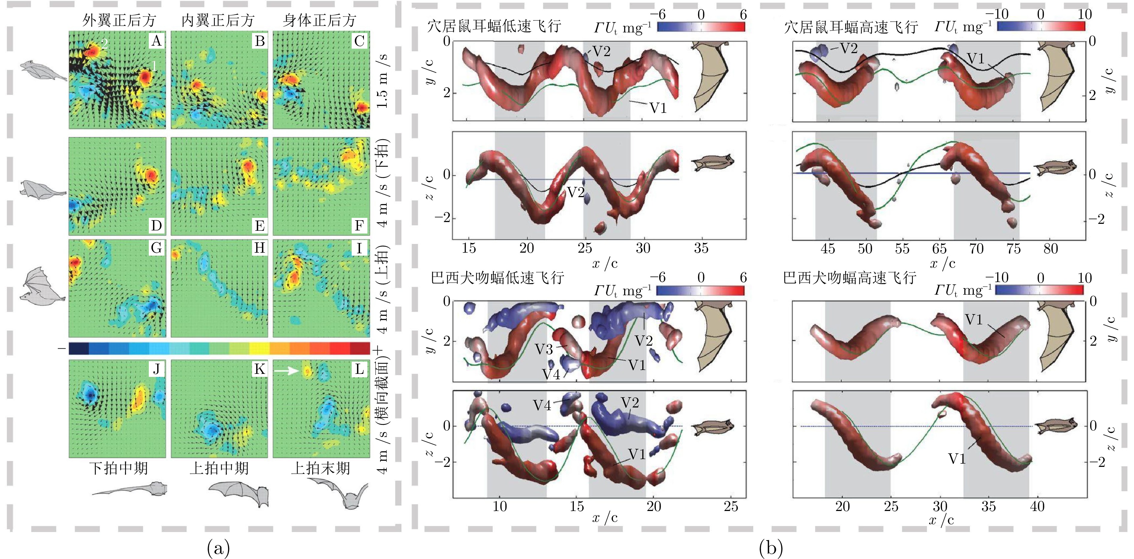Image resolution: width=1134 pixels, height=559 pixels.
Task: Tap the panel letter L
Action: point(359,369)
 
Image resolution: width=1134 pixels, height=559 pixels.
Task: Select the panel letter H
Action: point(260,248)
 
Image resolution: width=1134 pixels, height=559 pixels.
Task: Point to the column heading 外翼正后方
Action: point(119,20)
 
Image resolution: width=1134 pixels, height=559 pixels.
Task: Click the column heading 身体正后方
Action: point(319,20)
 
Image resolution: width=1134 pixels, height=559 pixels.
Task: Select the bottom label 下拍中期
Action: point(118,468)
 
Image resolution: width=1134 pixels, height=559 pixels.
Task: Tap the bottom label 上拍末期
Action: point(320,468)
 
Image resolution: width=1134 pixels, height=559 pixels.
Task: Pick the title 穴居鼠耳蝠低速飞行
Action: point(494,26)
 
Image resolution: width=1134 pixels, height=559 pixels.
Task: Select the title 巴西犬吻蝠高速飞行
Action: point(850,278)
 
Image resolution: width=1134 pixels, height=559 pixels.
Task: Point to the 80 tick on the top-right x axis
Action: point(1050,249)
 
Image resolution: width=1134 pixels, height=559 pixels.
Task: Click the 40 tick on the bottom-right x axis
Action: point(1037,506)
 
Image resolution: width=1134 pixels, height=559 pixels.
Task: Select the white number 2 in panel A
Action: point(104,43)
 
